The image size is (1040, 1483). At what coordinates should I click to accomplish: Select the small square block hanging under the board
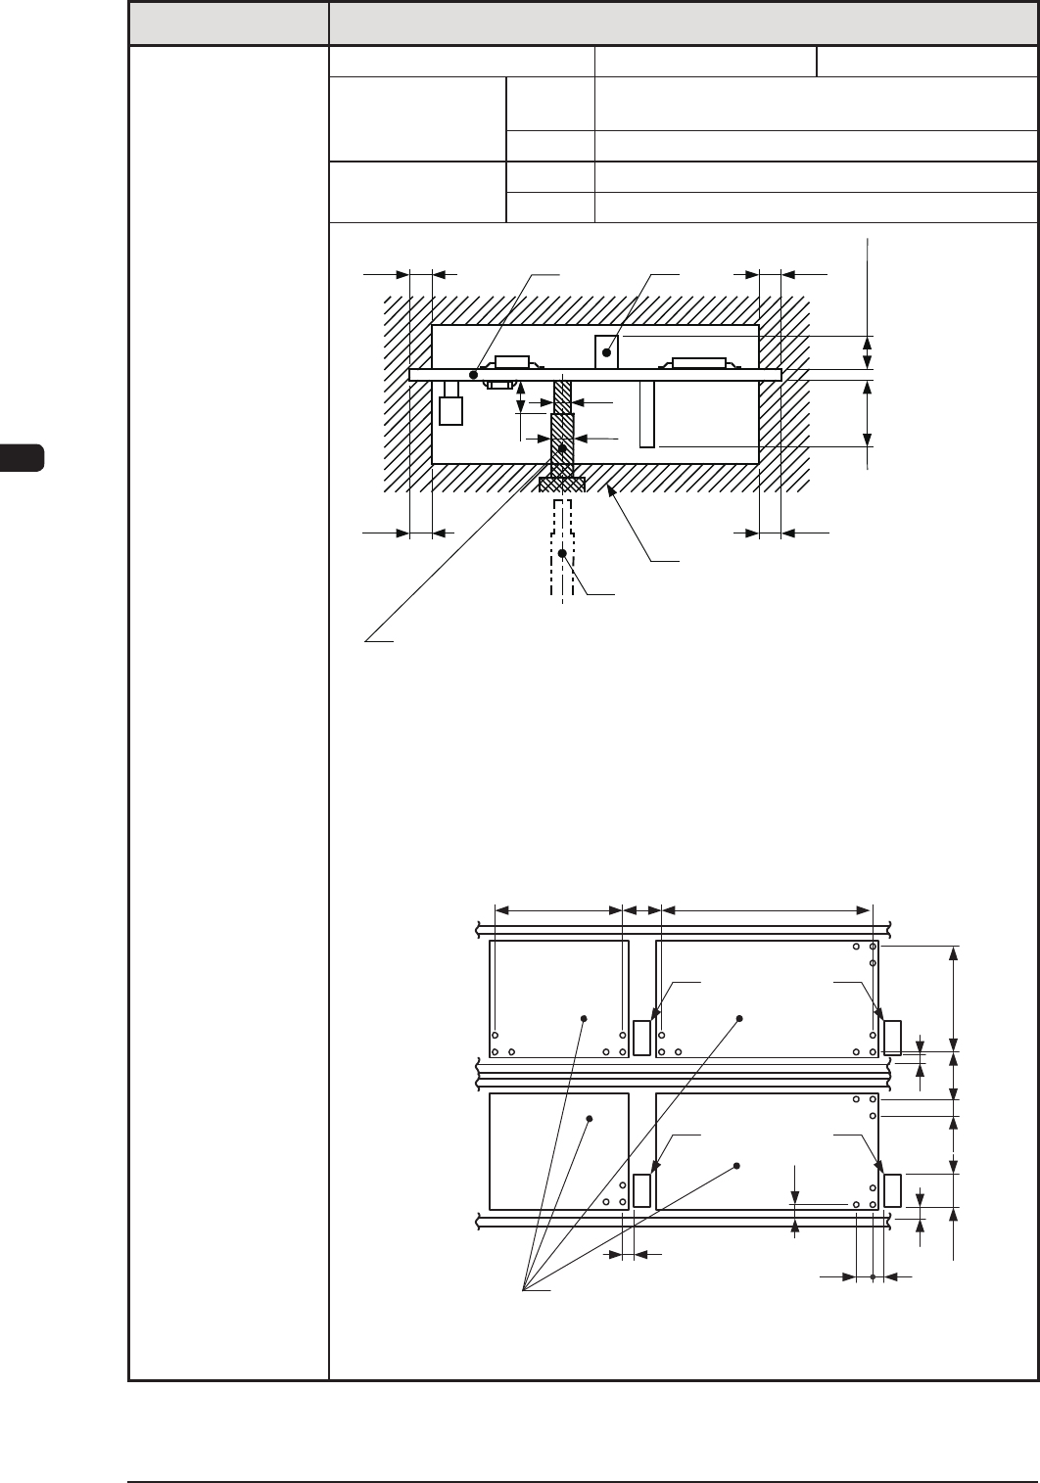click(450, 411)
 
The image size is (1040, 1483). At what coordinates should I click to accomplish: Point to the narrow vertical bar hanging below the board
click(646, 414)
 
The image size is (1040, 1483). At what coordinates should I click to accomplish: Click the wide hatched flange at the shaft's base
click(562, 484)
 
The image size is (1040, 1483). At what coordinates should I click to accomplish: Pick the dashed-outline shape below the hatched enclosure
click(562, 548)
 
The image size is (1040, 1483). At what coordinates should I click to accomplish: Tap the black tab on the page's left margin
click(22, 458)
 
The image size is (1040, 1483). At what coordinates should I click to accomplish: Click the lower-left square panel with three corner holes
click(558, 1150)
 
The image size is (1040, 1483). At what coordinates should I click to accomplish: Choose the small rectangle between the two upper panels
click(642, 1038)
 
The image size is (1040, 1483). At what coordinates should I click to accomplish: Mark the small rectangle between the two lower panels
click(642, 1190)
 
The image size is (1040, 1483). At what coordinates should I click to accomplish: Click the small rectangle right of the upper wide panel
click(892, 1038)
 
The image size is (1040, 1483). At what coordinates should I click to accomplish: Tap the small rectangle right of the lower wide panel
click(892, 1190)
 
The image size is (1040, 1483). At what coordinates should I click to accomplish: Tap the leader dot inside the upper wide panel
click(739, 1018)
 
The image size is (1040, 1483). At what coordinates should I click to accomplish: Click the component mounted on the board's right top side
click(698, 362)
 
